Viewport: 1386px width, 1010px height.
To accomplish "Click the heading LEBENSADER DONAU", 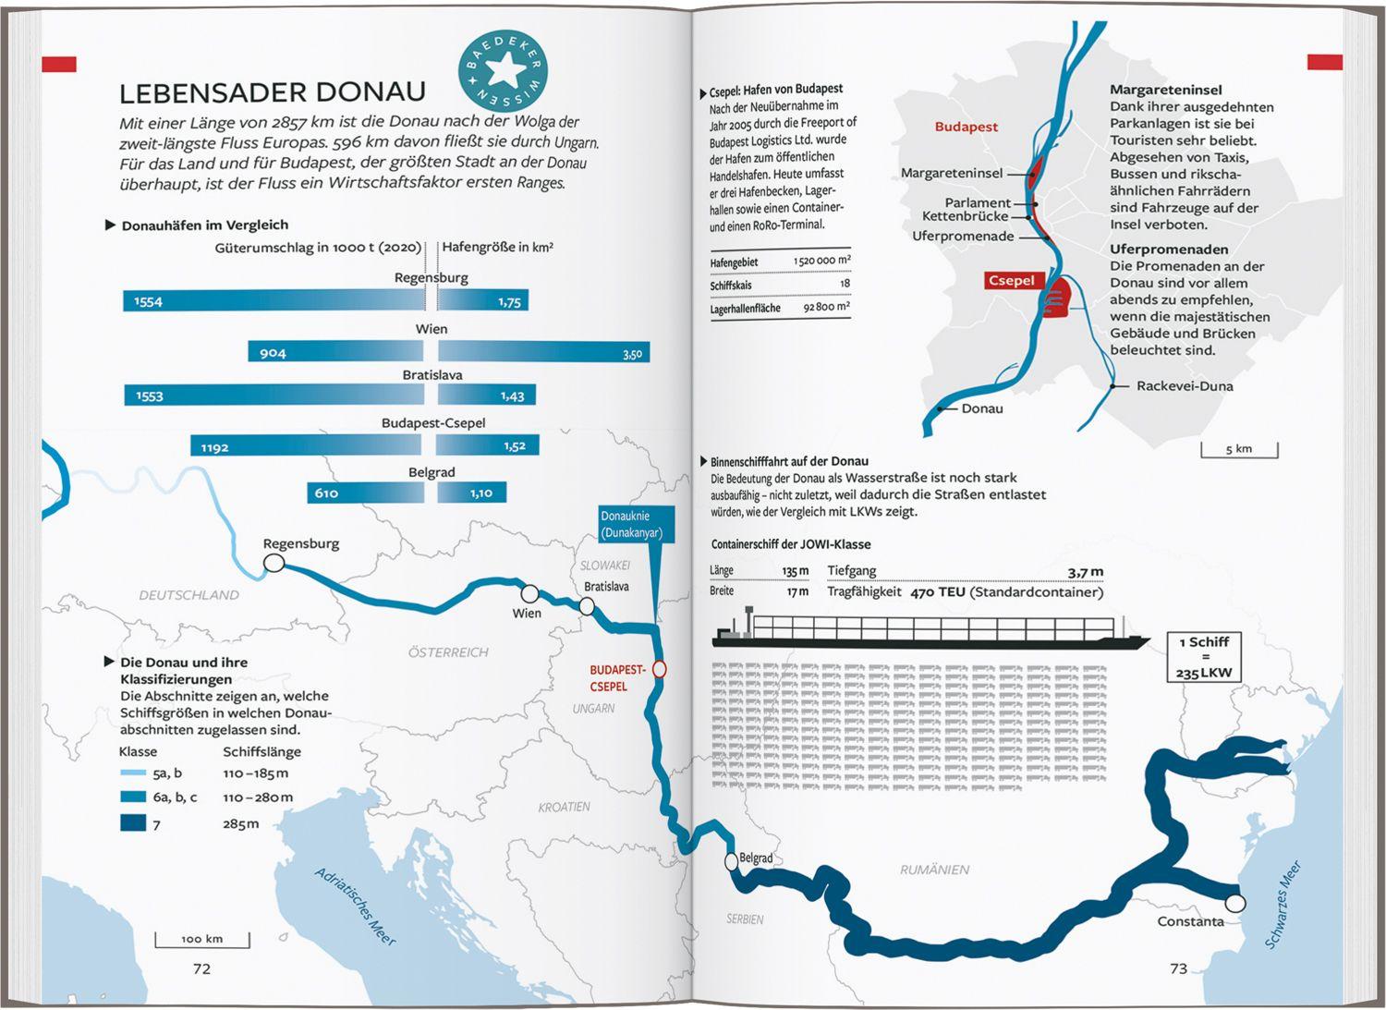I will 273,92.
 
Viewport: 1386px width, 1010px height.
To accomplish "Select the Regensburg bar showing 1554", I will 274,301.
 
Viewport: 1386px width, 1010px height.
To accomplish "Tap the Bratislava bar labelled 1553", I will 274,395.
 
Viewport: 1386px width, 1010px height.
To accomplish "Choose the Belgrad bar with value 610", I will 365,493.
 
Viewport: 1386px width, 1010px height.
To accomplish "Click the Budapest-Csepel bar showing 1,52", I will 488,446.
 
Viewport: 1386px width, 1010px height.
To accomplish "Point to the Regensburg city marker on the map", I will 274,562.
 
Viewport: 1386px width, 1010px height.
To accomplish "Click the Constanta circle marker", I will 1235,903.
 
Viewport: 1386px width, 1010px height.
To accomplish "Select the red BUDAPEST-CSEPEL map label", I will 616,678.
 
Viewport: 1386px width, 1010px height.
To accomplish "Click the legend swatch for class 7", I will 133,822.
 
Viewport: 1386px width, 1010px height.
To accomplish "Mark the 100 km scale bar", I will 202,940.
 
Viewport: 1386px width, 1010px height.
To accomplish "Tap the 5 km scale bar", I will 1239,450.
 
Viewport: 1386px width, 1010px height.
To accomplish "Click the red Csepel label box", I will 1011,281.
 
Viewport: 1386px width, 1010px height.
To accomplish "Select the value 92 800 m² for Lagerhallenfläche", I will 825,307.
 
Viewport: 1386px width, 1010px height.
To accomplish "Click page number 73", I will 1178,968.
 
